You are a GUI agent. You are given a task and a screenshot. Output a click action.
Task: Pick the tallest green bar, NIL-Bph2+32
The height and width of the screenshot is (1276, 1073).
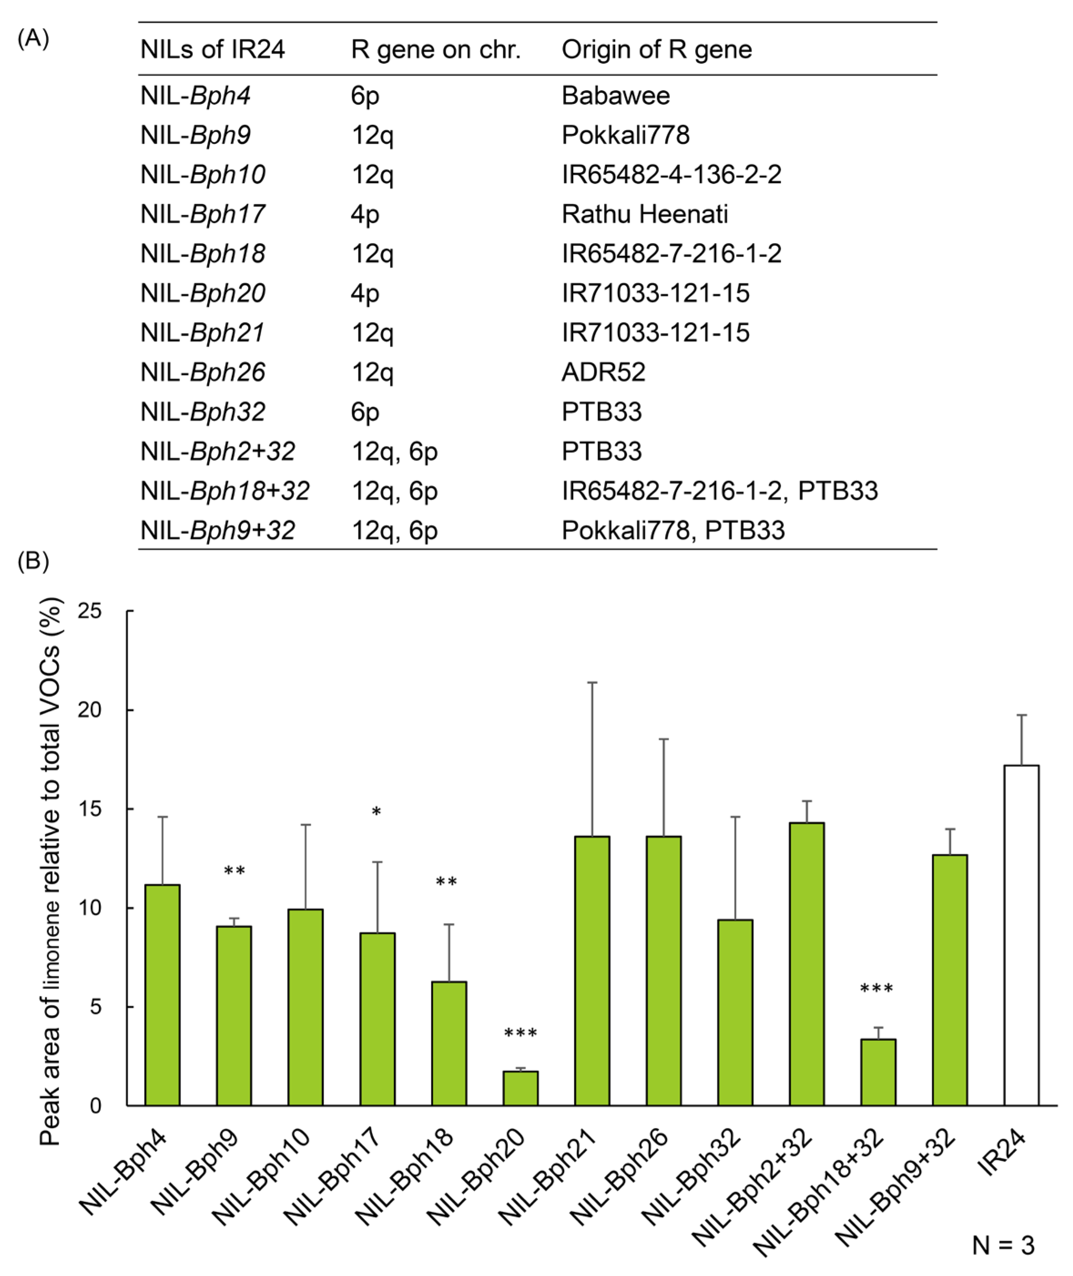pos(807,964)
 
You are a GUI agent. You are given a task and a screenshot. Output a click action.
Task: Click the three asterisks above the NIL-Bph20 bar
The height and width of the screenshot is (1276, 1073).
pos(521,1033)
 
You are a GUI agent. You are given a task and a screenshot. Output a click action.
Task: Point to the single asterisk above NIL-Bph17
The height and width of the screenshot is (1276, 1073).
pos(376,812)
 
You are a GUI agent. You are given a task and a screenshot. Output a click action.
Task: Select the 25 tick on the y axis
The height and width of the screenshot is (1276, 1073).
pos(89,611)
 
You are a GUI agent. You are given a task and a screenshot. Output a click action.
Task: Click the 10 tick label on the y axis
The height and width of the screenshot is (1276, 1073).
pos(89,908)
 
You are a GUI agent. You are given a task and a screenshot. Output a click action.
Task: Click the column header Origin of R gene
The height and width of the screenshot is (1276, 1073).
pos(656,49)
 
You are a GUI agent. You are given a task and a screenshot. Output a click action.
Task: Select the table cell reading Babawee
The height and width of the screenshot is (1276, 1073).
pos(615,96)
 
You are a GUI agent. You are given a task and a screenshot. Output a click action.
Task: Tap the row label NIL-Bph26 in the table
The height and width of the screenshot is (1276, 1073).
pos(203,372)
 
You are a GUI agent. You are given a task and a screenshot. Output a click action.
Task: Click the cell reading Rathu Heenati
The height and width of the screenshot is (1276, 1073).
pos(645,214)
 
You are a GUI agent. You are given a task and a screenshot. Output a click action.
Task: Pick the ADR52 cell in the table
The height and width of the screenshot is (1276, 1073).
pos(603,372)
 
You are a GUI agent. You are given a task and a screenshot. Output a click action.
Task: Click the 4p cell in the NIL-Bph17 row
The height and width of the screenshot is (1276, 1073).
pos(365,214)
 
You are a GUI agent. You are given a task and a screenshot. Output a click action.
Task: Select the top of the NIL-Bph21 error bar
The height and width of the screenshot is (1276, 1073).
pos(592,683)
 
